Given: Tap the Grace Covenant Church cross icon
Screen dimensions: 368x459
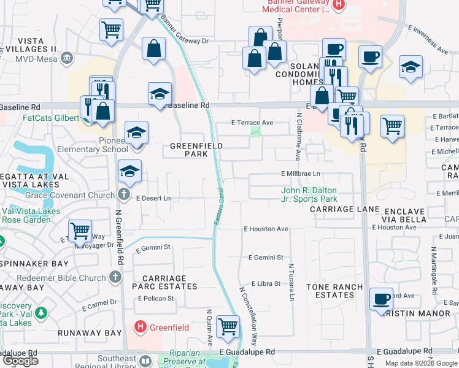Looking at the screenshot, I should click(x=124, y=195).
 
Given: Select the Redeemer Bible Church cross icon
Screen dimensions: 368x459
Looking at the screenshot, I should click(x=114, y=278).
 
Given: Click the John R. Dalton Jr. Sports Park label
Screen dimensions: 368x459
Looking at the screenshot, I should click(x=309, y=194).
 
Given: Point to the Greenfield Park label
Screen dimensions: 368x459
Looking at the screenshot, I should click(x=196, y=150).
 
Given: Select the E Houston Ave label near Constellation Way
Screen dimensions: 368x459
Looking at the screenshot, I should click(x=265, y=229).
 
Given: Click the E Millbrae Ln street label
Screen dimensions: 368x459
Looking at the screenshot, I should click(x=301, y=174).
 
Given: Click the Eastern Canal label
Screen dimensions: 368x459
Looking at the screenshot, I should click(x=219, y=205).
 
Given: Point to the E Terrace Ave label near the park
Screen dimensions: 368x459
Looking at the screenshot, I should click(x=252, y=123).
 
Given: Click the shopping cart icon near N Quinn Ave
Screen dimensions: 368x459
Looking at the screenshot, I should click(x=228, y=327).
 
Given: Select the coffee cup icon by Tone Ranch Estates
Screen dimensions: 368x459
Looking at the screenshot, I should click(x=382, y=299).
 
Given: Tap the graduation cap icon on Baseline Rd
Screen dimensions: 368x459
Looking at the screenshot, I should click(x=159, y=94).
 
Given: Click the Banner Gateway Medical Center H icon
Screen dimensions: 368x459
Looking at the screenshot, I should click(x=339, y=4).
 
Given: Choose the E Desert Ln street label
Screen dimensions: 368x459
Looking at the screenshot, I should click(x=153, y=198).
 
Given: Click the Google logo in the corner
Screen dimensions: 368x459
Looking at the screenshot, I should click(x=20, y=361).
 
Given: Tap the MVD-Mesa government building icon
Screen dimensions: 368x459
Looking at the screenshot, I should click(x=66, y=58).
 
